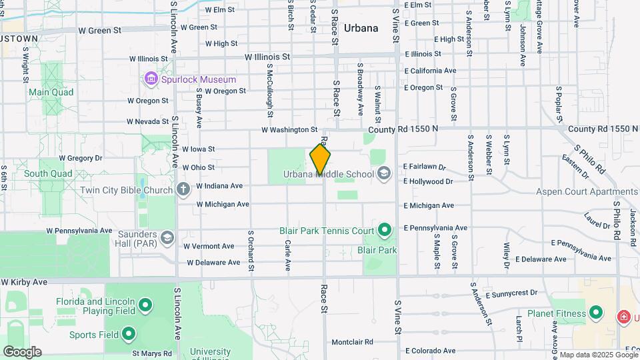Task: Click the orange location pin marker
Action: (x=320, y=159)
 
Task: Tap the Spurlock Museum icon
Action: (x=151, y=79)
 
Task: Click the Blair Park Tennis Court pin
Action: (x=384, y=231)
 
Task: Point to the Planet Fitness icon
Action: (x=595, y=313)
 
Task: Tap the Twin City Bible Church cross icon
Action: (x=183, y=190)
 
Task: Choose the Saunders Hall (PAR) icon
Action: (x=167, y=237)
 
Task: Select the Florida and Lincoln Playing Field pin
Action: (x=145, y=307)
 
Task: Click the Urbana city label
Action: (x=361, y=28)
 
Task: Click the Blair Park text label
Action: (x=377, y=251)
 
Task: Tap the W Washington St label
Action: (x=289, y=129)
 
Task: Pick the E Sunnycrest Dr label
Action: (x=511, y=293)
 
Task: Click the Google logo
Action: (x=22, y=351)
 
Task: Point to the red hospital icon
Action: (x=623, y=315)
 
